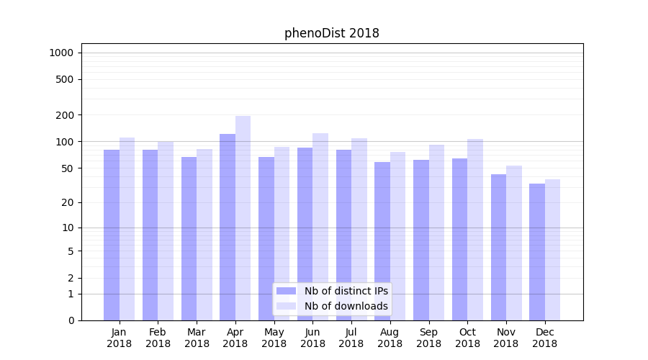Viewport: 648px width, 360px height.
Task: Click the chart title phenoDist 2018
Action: coord(331,33)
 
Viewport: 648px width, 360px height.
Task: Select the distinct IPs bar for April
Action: coord(228,227)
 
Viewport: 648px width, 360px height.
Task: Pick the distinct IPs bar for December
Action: coord(537,252)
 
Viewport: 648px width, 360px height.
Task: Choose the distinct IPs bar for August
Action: coord(382,241)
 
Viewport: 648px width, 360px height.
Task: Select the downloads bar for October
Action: coord(475,230)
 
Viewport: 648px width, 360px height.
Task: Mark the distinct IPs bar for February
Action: coord(150,235)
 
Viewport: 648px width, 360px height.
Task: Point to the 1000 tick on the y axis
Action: coord(61,53)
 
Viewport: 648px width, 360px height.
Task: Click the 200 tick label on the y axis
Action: coord(65,115)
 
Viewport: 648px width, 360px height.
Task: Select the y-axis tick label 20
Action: coord(68,202)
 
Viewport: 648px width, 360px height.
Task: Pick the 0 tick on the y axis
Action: coord(71,320)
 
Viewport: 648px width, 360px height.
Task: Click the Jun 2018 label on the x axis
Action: coord(312,338)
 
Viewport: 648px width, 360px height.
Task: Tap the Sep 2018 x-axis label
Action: coord(428,338)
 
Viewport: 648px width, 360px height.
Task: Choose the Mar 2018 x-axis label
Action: coord(197,338)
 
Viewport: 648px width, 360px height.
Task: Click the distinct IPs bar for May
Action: coord(266,238)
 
